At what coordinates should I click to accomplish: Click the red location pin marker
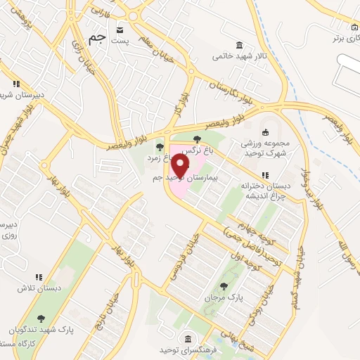coord(180,166)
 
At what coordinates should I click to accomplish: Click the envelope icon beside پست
coord(120,30)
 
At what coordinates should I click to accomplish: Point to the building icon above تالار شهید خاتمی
coord(241,44)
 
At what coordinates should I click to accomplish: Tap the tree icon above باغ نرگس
coord(197,139)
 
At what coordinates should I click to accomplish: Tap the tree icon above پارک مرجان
coord(224,285)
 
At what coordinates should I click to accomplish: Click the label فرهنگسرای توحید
coord(188,349)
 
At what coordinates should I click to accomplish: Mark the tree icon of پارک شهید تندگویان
coord(42,319)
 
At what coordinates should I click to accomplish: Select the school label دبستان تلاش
coord(37,288)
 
